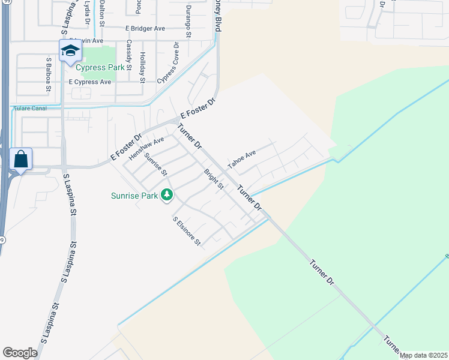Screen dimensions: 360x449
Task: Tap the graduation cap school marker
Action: coord(70,51)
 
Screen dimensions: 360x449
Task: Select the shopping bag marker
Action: coord(20,160)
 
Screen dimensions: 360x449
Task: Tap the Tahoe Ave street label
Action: coord(242,159)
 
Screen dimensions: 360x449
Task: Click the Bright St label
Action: coord(214,179)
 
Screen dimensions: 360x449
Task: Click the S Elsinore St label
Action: coord(186,232)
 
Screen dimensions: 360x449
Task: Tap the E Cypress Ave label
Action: coord(90,82)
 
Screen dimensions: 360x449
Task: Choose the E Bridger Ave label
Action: coord(145,28)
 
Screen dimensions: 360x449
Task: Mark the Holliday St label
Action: coord(142,66)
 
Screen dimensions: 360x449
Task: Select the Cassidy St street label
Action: coord(128,54)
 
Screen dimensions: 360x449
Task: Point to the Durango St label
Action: coord(187,24)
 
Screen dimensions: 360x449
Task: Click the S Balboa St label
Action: coord(49,74)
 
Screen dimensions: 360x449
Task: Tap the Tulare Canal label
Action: coord(30,109)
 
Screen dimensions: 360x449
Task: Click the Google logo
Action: coord(20,352)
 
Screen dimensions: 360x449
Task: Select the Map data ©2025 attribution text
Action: coord(423,355)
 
